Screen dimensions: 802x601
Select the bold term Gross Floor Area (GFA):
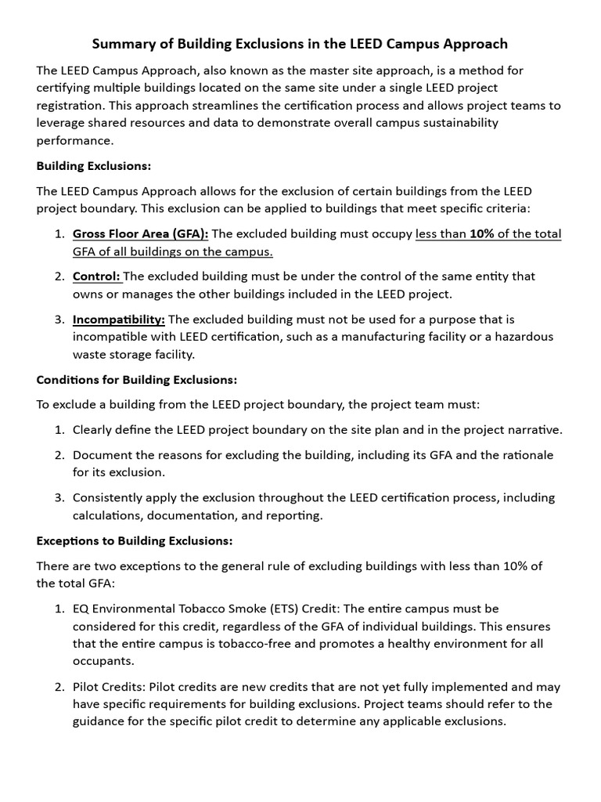(x=141, y=233)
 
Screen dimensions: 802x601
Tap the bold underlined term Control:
(x=97, y=276)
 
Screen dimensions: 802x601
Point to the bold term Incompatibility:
(x=119, y=320)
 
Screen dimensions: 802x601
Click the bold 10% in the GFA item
(x=483, y=233)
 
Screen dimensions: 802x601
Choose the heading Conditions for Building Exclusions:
(x=137, y=380)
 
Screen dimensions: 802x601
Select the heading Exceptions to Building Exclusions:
(x=135, y=541)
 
